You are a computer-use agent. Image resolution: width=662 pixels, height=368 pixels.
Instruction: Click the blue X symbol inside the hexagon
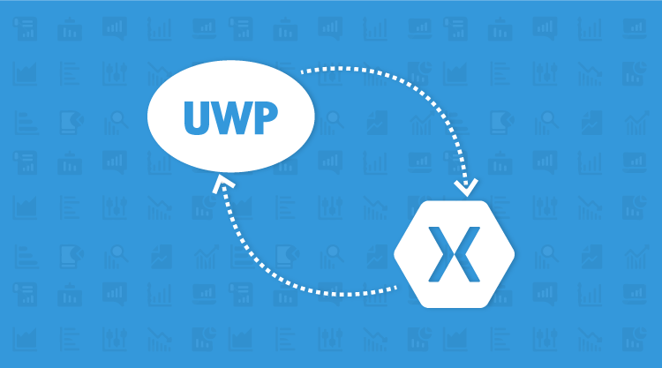[454, 254]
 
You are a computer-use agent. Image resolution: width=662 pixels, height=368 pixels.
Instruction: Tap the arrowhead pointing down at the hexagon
[464, 187]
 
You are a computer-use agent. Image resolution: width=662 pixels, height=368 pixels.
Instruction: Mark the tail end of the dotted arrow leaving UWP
[303, 70]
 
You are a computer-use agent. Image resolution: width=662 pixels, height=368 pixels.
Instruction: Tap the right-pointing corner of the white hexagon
[513, 254]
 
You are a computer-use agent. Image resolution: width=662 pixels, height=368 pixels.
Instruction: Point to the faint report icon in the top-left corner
[25, 26]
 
